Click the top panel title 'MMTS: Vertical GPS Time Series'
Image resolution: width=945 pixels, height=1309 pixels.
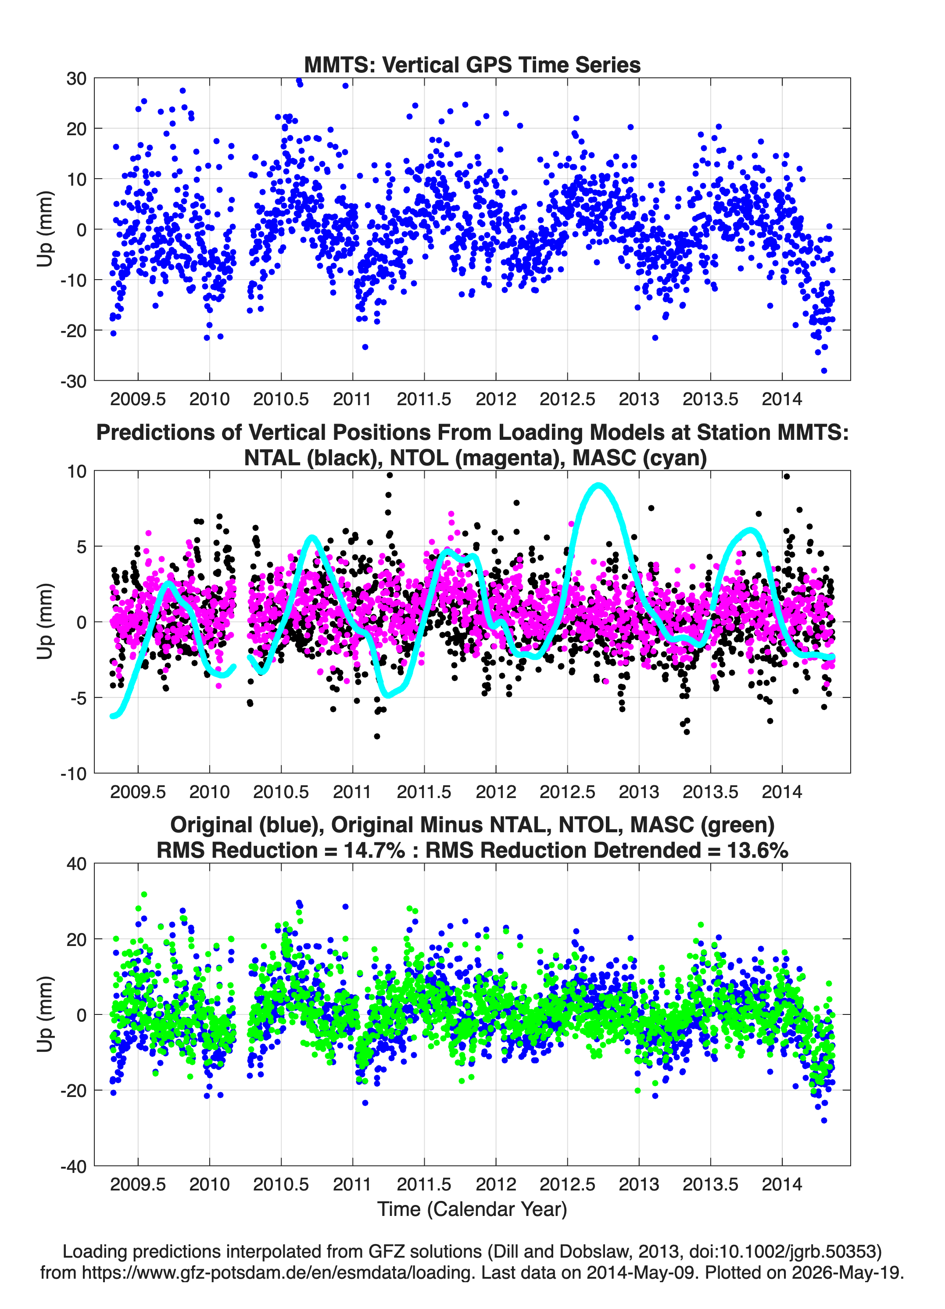point(472,65)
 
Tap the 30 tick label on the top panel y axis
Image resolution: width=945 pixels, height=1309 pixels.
point(76,79)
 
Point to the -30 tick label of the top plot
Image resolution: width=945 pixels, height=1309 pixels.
point(73,381)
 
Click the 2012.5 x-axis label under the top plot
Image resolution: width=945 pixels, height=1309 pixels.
point(567,399)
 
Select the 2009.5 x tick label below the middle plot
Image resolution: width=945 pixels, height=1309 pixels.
point(138,792)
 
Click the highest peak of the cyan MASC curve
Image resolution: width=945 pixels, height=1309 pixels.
point(599,485)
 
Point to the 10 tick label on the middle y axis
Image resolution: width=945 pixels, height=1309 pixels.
point(76,471)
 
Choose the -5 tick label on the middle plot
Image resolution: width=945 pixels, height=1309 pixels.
point(77,698)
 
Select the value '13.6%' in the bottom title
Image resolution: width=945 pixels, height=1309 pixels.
point(758,850)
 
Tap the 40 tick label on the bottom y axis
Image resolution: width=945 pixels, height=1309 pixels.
point(76,864)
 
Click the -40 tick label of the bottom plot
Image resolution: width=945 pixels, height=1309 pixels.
point(73,1166)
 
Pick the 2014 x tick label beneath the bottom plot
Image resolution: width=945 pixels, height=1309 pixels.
point(782,1184)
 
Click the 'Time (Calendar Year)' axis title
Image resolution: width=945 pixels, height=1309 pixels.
point(472,1209)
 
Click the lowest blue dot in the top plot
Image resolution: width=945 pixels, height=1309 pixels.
point(824,370)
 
